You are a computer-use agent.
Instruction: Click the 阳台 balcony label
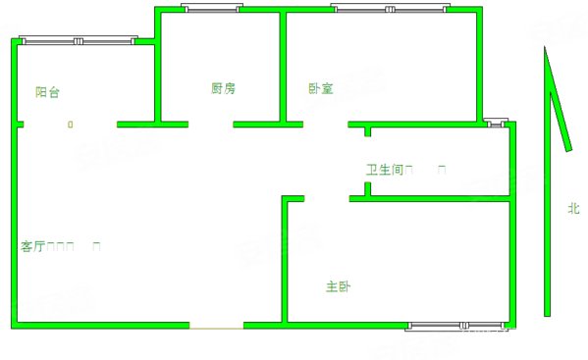coord(47,92)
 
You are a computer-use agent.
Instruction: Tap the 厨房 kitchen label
coord(223,88)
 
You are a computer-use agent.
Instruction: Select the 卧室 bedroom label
coord(320,88)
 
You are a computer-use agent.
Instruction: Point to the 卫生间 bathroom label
coord(385,170)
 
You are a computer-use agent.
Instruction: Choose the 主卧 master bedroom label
coord(339,287)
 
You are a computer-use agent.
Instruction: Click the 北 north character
coord(572,208)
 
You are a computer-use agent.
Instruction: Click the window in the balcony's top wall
coord(78,41)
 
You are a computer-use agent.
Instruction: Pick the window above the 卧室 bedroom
coord(390,9)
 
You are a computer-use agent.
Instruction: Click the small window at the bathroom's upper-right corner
coord(497,124)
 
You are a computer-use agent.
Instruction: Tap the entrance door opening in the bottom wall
coord(216,325)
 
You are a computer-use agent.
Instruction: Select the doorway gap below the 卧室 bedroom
coord(325,125)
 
